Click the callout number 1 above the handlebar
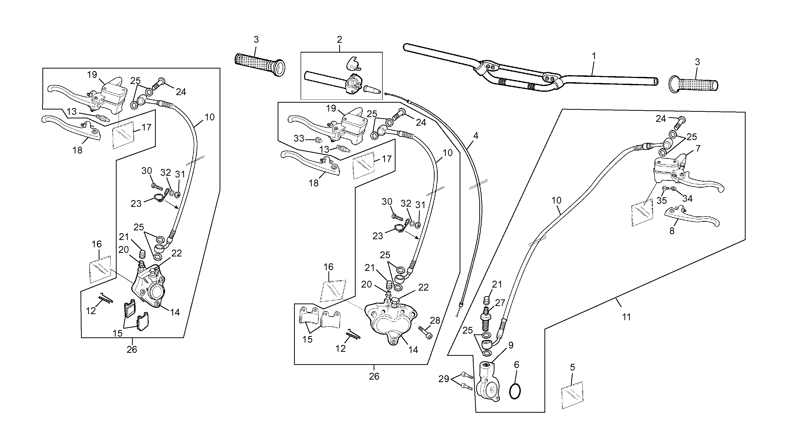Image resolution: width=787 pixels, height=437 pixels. (x=594, y=56)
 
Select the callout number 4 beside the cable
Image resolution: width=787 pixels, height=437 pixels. (x=476, y=136)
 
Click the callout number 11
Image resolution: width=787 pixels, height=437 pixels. (x=627, y=317)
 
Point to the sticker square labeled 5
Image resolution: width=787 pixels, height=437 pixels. (x=572, y=395)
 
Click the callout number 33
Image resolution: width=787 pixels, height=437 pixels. (x=299, y=139)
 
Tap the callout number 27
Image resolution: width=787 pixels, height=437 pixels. (x=500, y=303)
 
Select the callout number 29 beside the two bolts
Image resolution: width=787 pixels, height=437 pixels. (x=444, y=379)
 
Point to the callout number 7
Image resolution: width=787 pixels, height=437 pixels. (x=698, y=148)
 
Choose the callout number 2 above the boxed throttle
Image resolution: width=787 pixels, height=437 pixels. (x=339, y=39)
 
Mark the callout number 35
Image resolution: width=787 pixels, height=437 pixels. (x=662, y=201)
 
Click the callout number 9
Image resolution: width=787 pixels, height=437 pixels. (x=511, y=345)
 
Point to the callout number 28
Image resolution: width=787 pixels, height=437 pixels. (x=435, y=321)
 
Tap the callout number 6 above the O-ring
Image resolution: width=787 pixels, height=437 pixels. (x=516, y=364)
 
